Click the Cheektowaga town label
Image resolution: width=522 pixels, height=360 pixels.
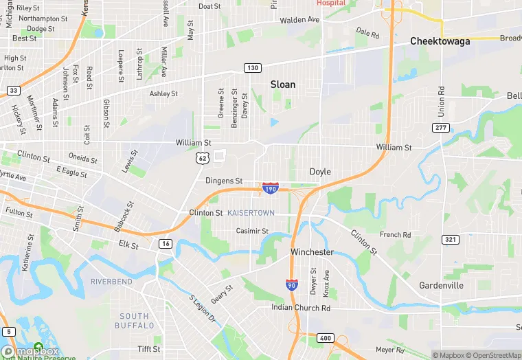[440, 41]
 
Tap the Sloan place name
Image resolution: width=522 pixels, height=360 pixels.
[282, 85]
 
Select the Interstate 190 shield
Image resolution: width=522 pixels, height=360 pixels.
[270, 187]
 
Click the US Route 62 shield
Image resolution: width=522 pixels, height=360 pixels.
[201, 158]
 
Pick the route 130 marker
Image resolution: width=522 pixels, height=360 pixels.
[252, 67]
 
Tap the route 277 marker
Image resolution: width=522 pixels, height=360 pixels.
[441, 128]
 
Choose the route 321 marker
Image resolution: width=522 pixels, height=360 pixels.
[451, 239]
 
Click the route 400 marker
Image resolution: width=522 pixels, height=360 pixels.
[324, 337]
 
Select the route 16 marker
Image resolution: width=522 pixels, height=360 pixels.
[166, 243]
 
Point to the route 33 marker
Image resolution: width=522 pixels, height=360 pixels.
[13, 90]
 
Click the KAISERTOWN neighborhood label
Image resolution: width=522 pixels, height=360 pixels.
[251, 213]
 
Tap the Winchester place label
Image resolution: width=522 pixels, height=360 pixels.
[312, 252]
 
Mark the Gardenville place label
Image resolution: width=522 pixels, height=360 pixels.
[441, 285]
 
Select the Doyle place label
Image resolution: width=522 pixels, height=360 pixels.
[320, 172]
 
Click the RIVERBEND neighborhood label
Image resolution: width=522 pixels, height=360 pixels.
[111, 282]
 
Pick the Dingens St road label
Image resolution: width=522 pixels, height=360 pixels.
[224, 181]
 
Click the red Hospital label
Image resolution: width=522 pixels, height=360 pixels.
[331, 3]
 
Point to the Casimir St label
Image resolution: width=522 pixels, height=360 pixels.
[252, 231]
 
